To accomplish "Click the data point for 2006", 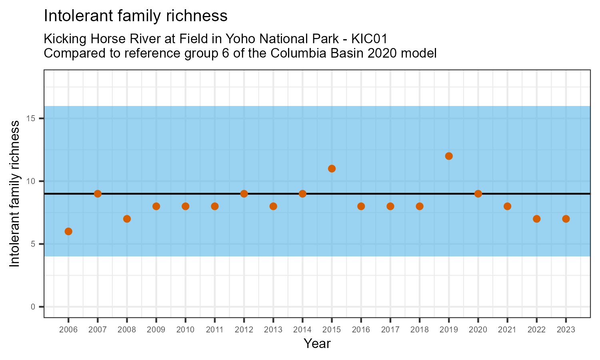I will point(68,231).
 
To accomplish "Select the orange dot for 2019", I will point(449,156).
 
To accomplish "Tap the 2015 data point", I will point(332,168).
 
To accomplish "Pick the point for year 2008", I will point(127,219).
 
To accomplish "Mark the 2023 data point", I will point(566,219).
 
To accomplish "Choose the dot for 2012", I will point(244,194).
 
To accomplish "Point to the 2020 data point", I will point(478,194).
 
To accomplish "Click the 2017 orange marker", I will point(390,206).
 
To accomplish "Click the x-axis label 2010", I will point(185,330).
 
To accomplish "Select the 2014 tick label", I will point(302,330).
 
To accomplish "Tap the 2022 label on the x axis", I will point(536,330).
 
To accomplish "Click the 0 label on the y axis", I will point(33,307).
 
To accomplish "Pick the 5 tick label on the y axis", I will point(33,244).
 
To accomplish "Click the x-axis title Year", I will point(317,344).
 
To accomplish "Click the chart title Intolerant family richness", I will point(136,16).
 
